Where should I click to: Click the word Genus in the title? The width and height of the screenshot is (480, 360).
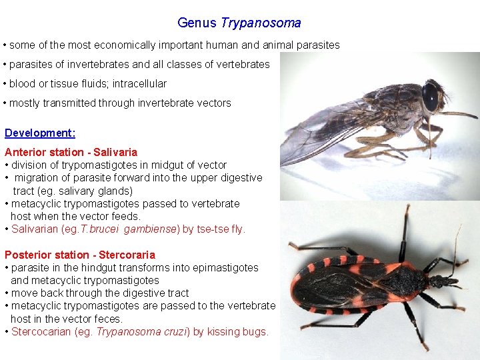(x=197, y=23)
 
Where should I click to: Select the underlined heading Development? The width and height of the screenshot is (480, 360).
(x=40, y=133)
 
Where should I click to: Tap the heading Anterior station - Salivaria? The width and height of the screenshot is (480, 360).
(x=71, y=152)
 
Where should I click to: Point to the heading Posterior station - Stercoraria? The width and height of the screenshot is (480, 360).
(x=79, y=255)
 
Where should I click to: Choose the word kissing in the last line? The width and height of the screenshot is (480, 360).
(x=223, y=332)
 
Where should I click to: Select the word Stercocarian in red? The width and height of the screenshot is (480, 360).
(x=39, y=332)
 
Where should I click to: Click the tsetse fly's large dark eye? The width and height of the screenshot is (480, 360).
(x=430, y=97)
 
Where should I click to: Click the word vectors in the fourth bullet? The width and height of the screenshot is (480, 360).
(x=213, y=103)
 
